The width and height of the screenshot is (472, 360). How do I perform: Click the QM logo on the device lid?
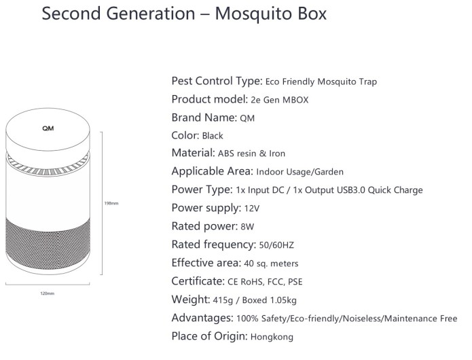[x=48, y=128]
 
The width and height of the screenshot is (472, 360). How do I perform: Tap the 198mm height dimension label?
[x=111, y=204]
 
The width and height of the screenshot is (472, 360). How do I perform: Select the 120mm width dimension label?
[x=48, y=293]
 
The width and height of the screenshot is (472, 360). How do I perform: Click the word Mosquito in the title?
[x=254, y=14]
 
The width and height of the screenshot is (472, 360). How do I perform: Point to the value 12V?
[x=252, y=209]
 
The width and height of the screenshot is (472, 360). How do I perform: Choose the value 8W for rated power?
[x=247, y=227]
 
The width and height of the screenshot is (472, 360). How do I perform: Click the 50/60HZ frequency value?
[x=276, y=245]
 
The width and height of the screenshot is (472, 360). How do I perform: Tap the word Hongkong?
[x=272, y=337]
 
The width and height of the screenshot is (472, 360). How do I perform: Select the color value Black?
[x=213, y=136]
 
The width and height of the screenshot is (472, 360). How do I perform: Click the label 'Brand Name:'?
[x=204, y=118]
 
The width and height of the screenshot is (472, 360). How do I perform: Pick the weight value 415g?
[x=223, y=300]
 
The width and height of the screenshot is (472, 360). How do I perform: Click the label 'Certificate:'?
[x=198, y=281]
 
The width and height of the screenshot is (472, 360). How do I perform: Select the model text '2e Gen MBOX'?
[x=280, y=100]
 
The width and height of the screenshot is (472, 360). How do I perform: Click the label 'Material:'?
[x=194, y=153]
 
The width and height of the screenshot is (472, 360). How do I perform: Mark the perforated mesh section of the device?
[x=48, y=243]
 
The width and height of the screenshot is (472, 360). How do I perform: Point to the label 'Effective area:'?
[x=206, y=263]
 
